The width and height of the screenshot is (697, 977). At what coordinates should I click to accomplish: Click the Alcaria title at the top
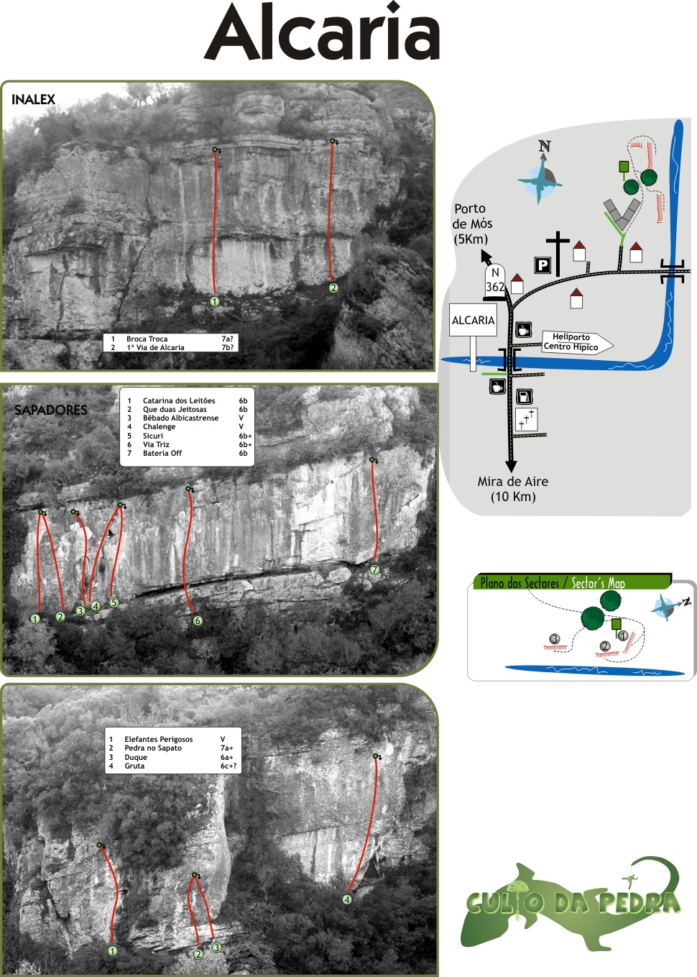click(322, 33)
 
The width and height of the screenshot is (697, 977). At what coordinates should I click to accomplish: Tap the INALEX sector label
click(33, 100)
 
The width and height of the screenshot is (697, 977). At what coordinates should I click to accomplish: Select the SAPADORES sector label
click(51, 410)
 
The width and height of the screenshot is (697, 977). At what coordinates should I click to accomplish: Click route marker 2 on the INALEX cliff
click(333, 288)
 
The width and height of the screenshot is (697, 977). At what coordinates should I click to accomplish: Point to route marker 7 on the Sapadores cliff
click(374, 570)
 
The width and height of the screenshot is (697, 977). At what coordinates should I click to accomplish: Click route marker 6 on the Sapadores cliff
click(198, 620)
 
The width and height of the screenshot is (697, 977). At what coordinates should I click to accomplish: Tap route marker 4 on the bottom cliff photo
click(347, 899)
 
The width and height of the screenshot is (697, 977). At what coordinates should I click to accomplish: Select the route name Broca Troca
click(147, 339)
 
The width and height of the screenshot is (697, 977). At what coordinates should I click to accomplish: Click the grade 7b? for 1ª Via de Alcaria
click(227, 348)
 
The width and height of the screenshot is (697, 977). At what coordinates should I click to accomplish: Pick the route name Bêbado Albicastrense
click(180, 418)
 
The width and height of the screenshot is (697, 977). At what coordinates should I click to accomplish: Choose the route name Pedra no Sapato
click(153, 748)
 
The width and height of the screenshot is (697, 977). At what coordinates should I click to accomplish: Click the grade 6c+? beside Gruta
click(228, 766)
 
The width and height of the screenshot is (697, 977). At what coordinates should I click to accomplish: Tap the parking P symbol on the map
click(543, 265)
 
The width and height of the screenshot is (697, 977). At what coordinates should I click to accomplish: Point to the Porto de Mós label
click(472, 224)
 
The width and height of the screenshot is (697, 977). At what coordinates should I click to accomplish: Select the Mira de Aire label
click(512, 489)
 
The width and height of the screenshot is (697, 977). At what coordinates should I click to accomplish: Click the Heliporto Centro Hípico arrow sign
click(576, 342)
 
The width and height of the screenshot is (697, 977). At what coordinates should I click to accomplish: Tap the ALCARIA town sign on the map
click(473, 321)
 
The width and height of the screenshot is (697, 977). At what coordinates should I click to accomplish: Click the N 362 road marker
click(494, 280)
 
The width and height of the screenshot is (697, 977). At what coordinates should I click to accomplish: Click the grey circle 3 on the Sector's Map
click(554, 638)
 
